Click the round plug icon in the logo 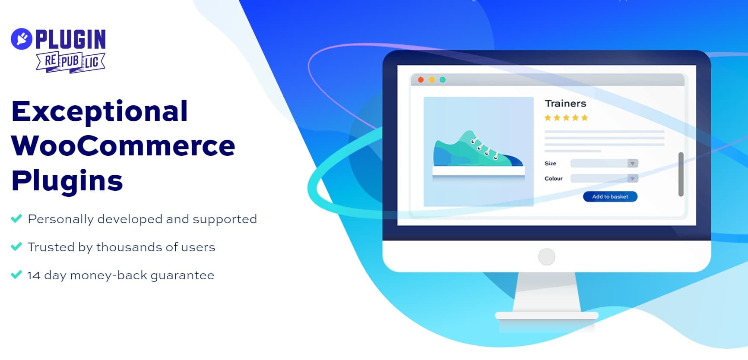tap(22, 39)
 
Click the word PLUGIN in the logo tap(71, 39)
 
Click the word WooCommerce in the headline tap(124, 146)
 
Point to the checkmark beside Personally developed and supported tap(16, 218)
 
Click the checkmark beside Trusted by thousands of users tap(16, 246)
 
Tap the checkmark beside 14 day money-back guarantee tap(16, 275)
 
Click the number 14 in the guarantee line tap(34, 275)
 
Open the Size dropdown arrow tap(632, 164)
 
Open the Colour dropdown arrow tap(632, 179)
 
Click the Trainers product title tap(565, 104)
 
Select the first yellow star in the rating tap(548, 117)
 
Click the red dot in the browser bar tap(421, 80)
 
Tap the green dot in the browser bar tap(442, 80)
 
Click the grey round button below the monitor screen tap(546, 257)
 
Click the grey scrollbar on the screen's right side tap(681, 174)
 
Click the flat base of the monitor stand tap(547, 316)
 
